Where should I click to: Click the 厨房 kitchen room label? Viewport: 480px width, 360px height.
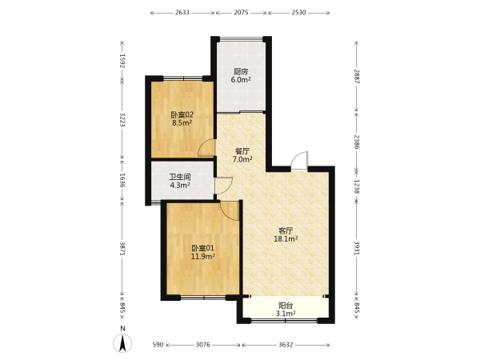[241, 72]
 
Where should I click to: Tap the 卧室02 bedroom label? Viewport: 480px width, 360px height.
[182, 115]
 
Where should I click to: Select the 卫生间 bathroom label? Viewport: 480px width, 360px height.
[180, 177]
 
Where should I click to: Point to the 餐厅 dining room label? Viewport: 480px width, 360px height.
[242, 151]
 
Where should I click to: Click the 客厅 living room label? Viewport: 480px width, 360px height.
[286, 230]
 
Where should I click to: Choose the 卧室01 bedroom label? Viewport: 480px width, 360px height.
[202, 248]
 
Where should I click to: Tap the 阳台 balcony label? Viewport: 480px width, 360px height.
[286, 306]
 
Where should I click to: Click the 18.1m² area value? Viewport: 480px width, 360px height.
[286, 238]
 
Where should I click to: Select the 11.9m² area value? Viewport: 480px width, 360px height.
[202, 256]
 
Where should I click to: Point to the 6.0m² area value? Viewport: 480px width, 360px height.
[241, 80]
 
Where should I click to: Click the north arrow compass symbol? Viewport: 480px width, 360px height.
[122, 343]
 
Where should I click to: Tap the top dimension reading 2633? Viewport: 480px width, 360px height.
[182, 13]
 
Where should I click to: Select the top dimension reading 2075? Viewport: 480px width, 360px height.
[242, 13]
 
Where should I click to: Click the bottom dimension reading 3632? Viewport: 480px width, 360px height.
[286, 345]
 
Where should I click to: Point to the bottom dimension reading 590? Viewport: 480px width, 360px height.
[158, 345]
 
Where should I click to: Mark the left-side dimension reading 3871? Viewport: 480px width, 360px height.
[122, 249]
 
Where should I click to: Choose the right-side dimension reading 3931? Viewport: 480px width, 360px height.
[357, 248]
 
